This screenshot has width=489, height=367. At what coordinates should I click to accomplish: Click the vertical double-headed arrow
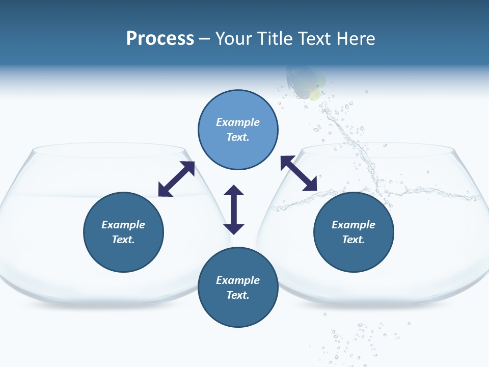[x=234, y=209]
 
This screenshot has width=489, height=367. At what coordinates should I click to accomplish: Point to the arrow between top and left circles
[x=177, y=179]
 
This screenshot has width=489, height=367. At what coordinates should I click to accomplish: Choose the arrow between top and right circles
[x=299, y=173]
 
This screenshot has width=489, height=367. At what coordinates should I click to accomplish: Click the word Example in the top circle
[x=238, y=122]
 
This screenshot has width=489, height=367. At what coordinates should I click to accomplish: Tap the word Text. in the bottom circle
[x=238, y=295]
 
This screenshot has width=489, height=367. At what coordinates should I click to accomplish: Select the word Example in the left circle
[x=123, y=225]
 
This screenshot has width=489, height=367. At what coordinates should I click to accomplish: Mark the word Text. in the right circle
[x=354, y=240]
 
